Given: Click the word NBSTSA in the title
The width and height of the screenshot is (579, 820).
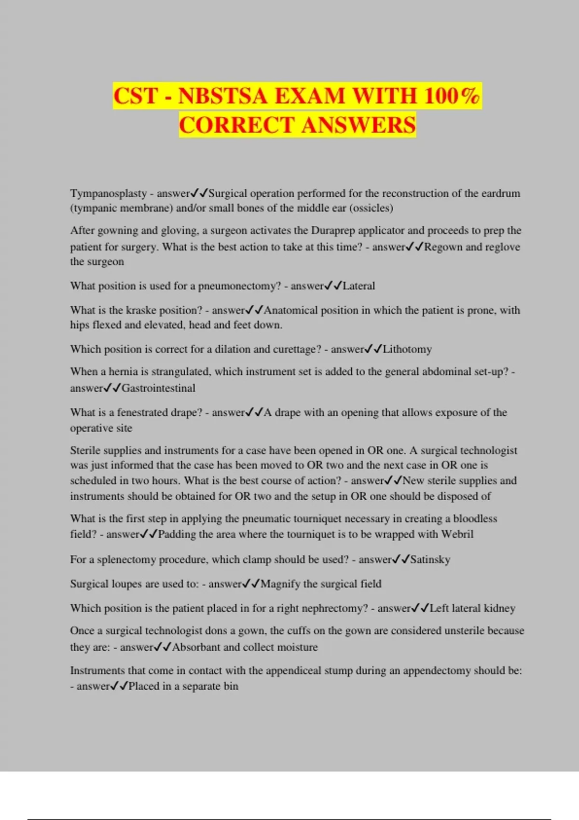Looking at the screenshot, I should [x=222, y=96].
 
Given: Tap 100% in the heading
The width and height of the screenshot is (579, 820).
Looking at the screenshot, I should [x=452, y=96].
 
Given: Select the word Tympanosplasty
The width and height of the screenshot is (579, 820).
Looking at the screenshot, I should [x=109, y=193].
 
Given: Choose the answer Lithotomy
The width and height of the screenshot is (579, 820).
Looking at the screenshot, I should [x=407, y=349].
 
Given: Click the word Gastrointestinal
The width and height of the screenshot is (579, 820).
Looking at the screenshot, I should [x=158, y=388].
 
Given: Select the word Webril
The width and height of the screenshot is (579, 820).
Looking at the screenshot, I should [x=457, y=534].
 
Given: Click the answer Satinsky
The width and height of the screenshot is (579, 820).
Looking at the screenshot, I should [x=430, y=560].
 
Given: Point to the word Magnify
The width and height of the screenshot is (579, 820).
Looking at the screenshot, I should [x=280, y=584].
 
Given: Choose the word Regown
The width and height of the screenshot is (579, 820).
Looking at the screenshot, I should [x=443, y=247].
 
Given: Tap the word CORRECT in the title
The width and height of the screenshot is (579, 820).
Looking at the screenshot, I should [x=237, y=125].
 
